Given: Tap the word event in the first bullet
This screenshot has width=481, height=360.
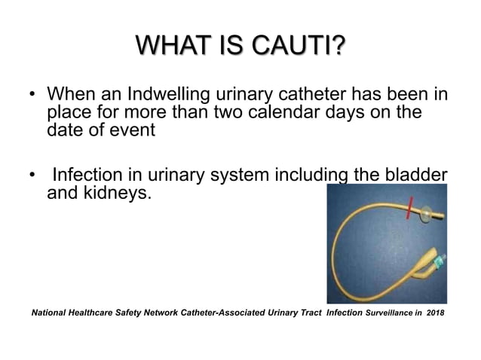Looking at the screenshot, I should click(x=135, y=130).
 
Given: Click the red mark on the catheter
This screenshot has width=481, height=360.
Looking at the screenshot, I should click(x=409, y=206).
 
